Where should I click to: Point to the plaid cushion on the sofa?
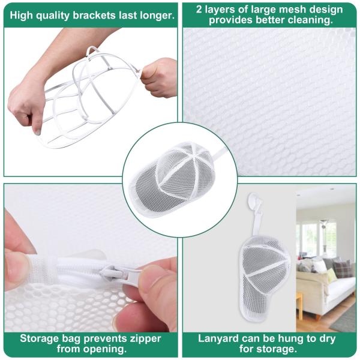(342, 270)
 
